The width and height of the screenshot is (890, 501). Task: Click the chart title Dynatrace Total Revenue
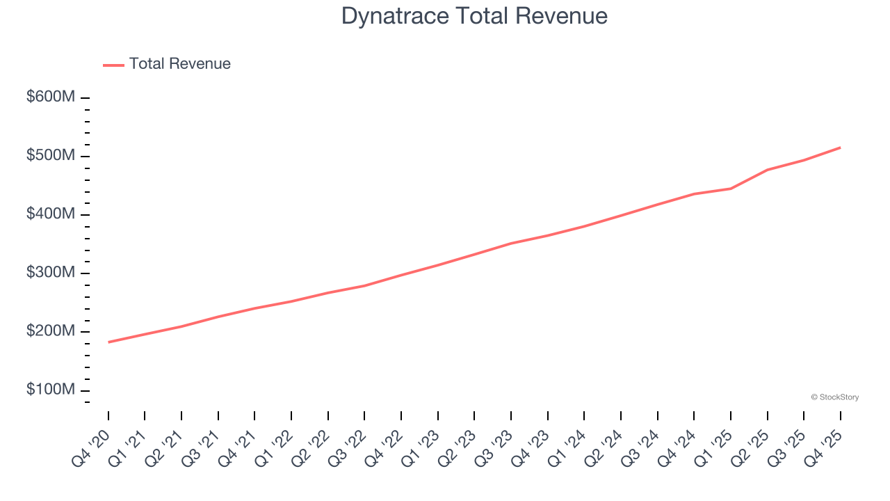click(x=474, y=16)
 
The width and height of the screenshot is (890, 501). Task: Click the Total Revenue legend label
click(x=179, y=64)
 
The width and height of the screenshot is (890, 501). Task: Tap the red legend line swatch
click(x=113, y=65)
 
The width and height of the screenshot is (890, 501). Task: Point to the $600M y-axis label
click(x=51, y=97)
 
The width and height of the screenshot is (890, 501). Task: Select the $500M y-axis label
click(x=51, y=156)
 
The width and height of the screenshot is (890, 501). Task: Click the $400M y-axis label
click(x=51, y=214)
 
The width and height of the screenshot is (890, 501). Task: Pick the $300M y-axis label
click(x=51, y=273)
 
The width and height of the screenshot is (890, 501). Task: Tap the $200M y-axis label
click(x=51, y=331)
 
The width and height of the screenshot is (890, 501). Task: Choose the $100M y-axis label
click(x=51, y=390)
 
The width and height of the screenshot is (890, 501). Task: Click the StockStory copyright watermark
click(x=834, y=397)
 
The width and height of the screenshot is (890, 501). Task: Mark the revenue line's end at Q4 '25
click(x=840, y=148)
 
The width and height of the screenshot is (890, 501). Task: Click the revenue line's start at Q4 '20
click(x=108, y=342)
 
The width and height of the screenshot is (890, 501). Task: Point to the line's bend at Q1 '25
click(x=731, y=189)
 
